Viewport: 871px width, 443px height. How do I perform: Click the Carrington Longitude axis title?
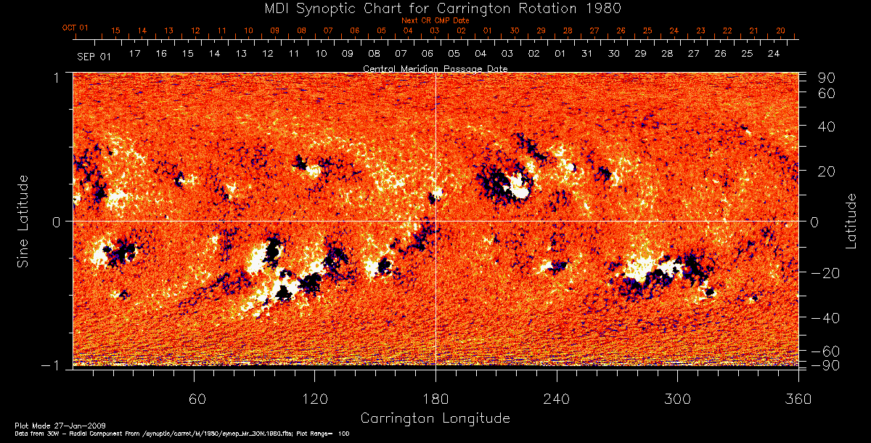pos(435,418)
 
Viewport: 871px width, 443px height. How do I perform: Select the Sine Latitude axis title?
pos(24,220)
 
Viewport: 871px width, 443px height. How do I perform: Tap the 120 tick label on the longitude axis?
pos(314,400)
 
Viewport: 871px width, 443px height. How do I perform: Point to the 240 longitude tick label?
pos(556,400)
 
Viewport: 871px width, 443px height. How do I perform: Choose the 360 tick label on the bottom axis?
pos(798,400)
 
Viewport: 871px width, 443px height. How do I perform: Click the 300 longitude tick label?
pos(677,400)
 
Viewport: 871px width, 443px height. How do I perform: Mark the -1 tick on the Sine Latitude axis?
pos(54,366)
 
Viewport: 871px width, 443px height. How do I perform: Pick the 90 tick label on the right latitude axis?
pos(828,78)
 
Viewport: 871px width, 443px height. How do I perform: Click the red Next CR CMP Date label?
pos(435,21)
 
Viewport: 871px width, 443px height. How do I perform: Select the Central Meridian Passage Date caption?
pos(435,68)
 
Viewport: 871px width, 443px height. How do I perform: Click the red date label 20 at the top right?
pos(780,31)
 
